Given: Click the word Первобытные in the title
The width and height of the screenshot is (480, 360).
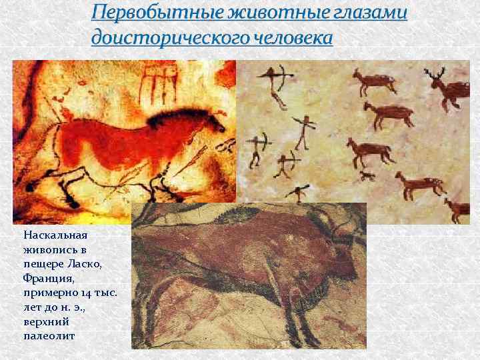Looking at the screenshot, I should [x=141, y=13].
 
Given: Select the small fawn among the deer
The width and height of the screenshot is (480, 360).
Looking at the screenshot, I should [x=367, y=176].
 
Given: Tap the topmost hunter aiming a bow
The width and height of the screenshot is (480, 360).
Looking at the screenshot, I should [x=275, y=83].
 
